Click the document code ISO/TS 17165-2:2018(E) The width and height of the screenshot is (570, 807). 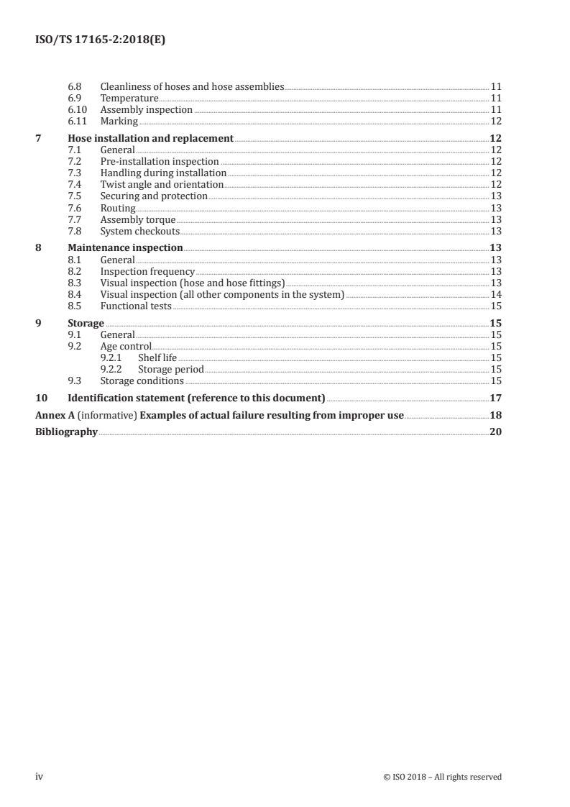[101, 41]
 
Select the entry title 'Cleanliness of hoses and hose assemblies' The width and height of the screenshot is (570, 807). [193, 87]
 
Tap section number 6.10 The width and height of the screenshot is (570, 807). [76, 110]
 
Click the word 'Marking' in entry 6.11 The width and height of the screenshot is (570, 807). [119, 122]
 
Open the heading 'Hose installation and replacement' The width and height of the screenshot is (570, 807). [150, 138]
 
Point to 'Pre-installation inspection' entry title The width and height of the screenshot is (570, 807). [160, 161]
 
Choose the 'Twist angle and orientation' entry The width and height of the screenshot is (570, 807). [162, 184]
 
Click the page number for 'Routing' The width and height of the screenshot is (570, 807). [495, 208]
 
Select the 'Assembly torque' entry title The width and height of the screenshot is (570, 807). [137, 219]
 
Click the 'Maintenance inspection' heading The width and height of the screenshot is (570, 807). [125, 247]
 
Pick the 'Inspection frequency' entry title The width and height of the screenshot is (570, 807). [147, 271]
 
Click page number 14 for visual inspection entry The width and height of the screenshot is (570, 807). [495, 294]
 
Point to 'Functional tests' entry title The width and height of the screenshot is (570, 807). [136, 306]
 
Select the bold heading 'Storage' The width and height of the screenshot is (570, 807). [86, 323]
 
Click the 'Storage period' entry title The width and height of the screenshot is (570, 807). [171, 369]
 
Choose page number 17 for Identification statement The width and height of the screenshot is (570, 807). [495, 398]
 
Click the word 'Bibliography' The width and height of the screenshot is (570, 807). [66, 432]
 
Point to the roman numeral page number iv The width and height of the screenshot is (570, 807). [40, 776]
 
